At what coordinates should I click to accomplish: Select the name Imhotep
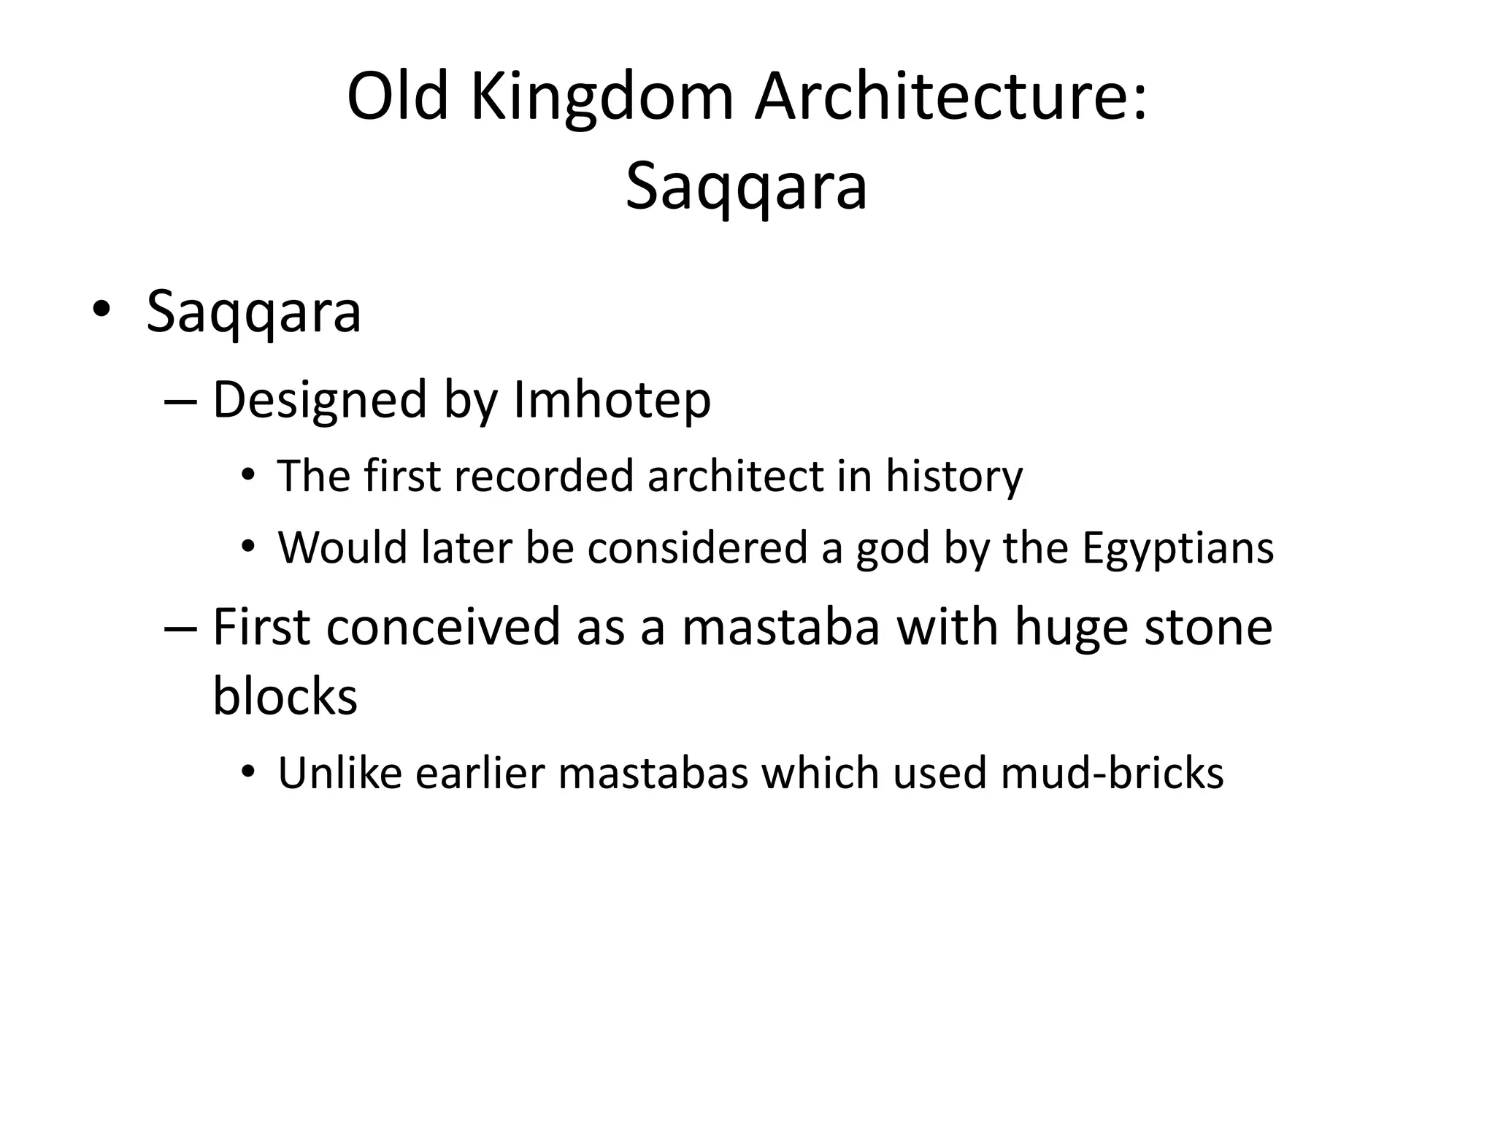612,401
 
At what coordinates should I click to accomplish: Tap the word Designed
319,401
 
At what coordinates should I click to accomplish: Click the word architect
735,477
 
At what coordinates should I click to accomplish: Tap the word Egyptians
1177,550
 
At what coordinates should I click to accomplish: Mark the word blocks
285,696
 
